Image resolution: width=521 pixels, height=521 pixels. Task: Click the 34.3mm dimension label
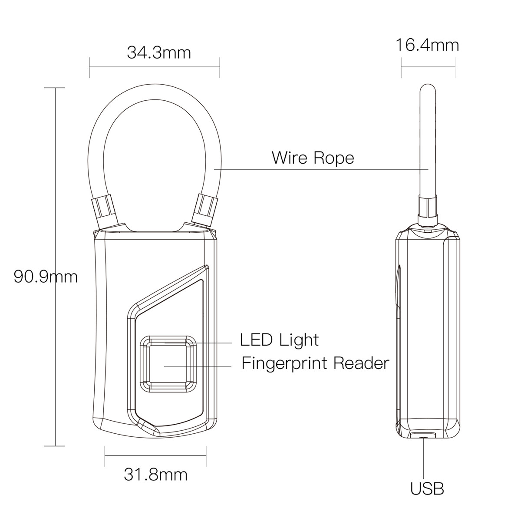159,53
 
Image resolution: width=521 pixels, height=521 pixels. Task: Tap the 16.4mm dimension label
427,45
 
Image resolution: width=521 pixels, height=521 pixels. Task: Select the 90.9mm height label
45,276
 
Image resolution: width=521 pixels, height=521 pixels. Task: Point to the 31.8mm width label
155,475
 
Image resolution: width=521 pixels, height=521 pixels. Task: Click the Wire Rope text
313,157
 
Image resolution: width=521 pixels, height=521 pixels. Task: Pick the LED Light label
280,340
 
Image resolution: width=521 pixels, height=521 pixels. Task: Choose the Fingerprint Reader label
315,363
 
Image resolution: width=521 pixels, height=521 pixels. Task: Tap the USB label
427,489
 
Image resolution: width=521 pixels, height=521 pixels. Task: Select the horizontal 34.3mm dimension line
154,66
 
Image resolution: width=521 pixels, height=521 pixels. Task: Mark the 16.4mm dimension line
428,66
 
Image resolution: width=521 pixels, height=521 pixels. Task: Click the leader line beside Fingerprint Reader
198,366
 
